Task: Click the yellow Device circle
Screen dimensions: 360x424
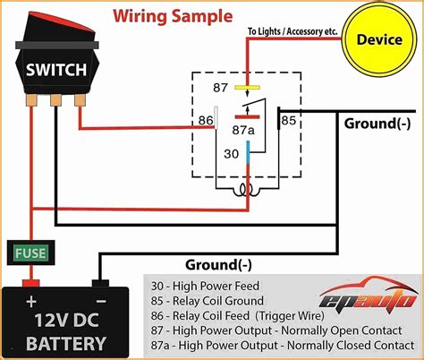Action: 379,40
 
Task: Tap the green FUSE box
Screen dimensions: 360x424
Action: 30,253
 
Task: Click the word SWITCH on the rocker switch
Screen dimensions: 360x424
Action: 55,69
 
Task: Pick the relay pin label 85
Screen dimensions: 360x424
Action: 288,118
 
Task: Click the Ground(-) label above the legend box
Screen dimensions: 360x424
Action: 218,264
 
